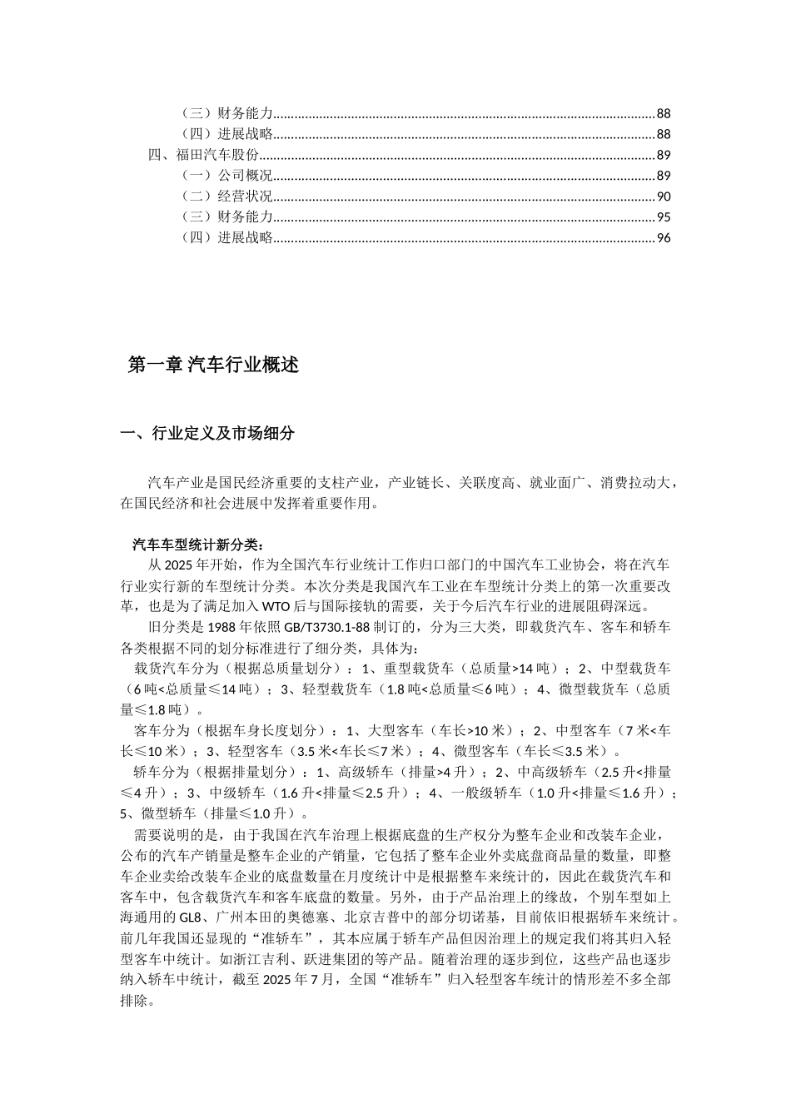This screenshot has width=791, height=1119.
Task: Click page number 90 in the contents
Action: pyautogui.click(x=664, y=196)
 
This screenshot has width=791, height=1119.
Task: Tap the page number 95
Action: pyautogui.click(x=664, y=217)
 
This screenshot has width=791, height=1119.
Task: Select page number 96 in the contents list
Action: pyautogui.click(x=664, y=238)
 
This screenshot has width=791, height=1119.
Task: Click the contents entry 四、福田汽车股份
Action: pyautogui.click(x=203, y=155)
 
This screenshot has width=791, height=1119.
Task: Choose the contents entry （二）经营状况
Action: pyautogui.click(x=226, y=196)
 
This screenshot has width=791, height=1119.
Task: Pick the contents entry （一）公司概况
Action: pyautogui.click(x=226, y=176)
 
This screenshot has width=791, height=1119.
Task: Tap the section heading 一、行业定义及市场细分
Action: pyautogui.click(x=207, y=433)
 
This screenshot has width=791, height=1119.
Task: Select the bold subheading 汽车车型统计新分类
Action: pyautogui.click(x=197, y=545)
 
